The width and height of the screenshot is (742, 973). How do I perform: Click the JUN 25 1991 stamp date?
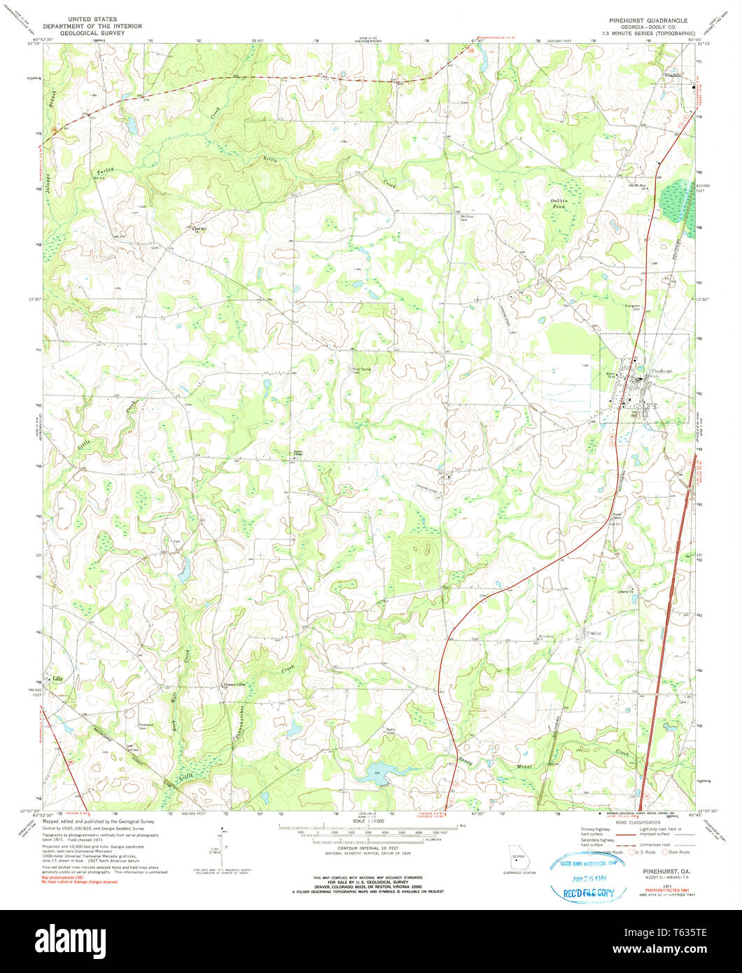coord(585,878)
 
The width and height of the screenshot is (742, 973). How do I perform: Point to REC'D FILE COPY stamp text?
coord(586,892)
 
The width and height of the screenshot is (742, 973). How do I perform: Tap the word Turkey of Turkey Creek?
coord(105,171)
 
